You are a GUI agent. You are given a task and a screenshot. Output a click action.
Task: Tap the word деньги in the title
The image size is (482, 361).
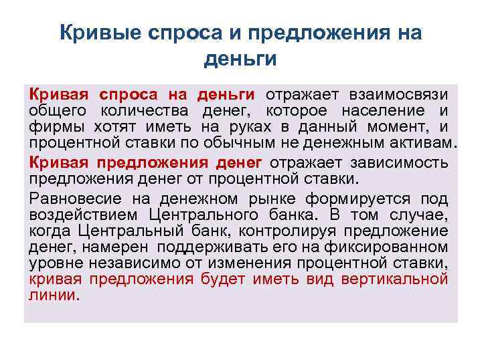coord(240,60)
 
